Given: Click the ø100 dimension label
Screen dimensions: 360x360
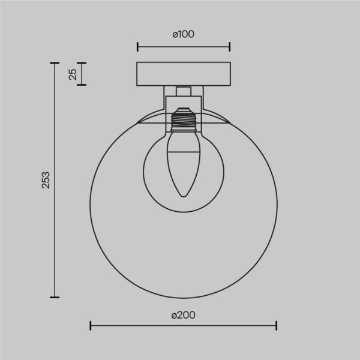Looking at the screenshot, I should (x=183, y=34).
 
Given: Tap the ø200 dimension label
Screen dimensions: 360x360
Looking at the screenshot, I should (x=183, y=315).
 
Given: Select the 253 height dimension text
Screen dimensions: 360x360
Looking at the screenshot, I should (x=46, y=180).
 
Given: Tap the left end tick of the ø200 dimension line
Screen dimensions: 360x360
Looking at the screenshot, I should (x=91, y=326).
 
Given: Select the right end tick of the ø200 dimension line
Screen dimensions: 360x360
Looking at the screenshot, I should (x=276, y=326).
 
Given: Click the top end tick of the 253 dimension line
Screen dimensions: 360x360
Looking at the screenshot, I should (x=55, y=62).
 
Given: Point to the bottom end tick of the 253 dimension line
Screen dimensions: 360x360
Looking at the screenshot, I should (x=55, y=296).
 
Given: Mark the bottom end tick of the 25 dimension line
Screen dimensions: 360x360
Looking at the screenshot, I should (x=82, y=85).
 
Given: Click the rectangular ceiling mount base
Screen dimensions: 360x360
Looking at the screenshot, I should (x=184, y=74).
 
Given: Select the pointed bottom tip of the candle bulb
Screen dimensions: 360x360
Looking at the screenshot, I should (x=183, y=196).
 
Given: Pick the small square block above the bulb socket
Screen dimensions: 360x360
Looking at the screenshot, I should (x=184, y=91).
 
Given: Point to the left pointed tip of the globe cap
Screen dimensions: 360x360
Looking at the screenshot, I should (x=138, y=124).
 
